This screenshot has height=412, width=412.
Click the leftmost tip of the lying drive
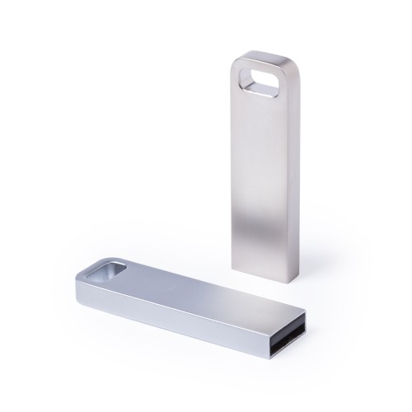80,277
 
